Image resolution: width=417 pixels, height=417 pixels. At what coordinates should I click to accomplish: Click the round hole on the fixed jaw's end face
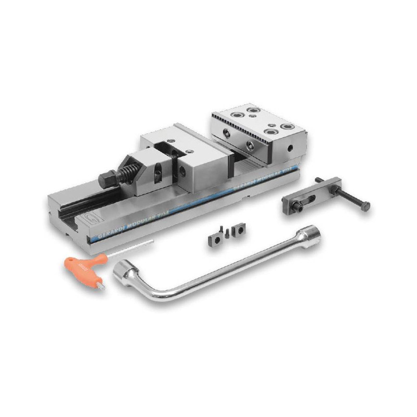click(x=290, y=148)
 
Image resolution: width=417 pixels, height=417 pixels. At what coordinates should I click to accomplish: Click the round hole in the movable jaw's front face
click(x=181, y=170)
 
